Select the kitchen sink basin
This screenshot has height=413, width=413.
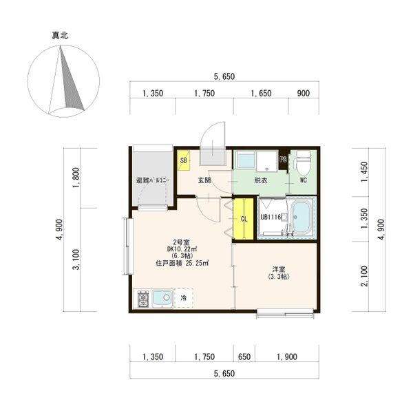162,299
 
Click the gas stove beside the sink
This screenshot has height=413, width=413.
144,299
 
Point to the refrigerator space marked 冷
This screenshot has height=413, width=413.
184,298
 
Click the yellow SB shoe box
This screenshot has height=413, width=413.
184,160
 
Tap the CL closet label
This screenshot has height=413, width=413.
244,219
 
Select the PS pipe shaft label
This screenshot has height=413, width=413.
283,160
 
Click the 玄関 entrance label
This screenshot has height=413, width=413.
204,180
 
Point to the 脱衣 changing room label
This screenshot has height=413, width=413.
261,180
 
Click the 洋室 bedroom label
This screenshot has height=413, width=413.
279,269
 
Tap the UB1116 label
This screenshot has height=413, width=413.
271,218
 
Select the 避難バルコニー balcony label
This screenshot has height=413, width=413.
153,180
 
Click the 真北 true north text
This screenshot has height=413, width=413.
60,35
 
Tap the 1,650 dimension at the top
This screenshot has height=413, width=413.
261,93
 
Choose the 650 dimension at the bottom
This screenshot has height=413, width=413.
244,357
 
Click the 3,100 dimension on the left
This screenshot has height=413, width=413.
76,260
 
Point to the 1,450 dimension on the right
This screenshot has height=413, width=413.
364,171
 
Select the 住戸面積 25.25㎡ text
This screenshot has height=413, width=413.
182,263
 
